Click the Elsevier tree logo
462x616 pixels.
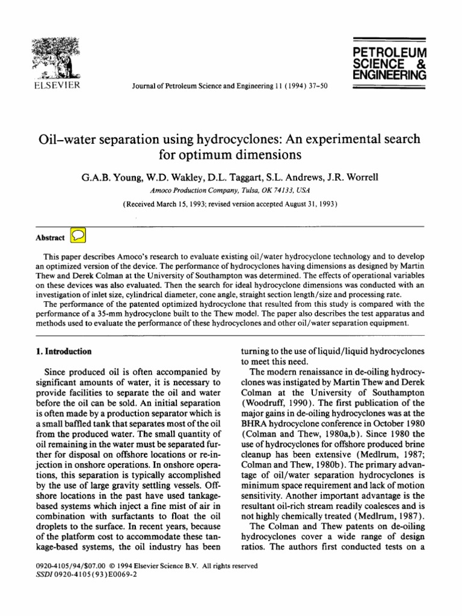tap(56, 58)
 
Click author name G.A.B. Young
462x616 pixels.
tap(107, 178)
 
